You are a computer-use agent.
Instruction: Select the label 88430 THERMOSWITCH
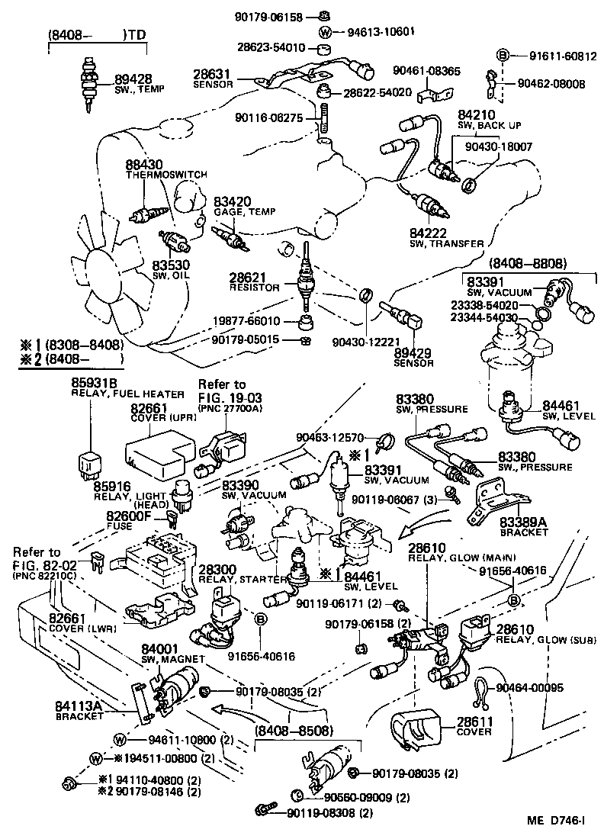point(165,169)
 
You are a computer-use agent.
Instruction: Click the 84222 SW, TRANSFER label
point(447,237)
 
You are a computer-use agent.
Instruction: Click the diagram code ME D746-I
point(556,821)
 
